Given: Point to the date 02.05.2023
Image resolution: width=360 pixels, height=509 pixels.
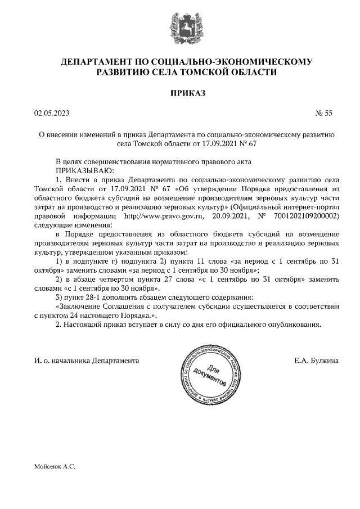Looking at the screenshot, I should coord(51,113).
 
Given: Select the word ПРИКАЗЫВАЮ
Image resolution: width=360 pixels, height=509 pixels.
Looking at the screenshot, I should coord(84,170).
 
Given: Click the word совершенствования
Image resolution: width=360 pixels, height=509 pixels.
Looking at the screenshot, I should coord(124,161).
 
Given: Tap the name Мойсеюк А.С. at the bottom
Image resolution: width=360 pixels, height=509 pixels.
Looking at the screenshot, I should coord(55,467).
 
